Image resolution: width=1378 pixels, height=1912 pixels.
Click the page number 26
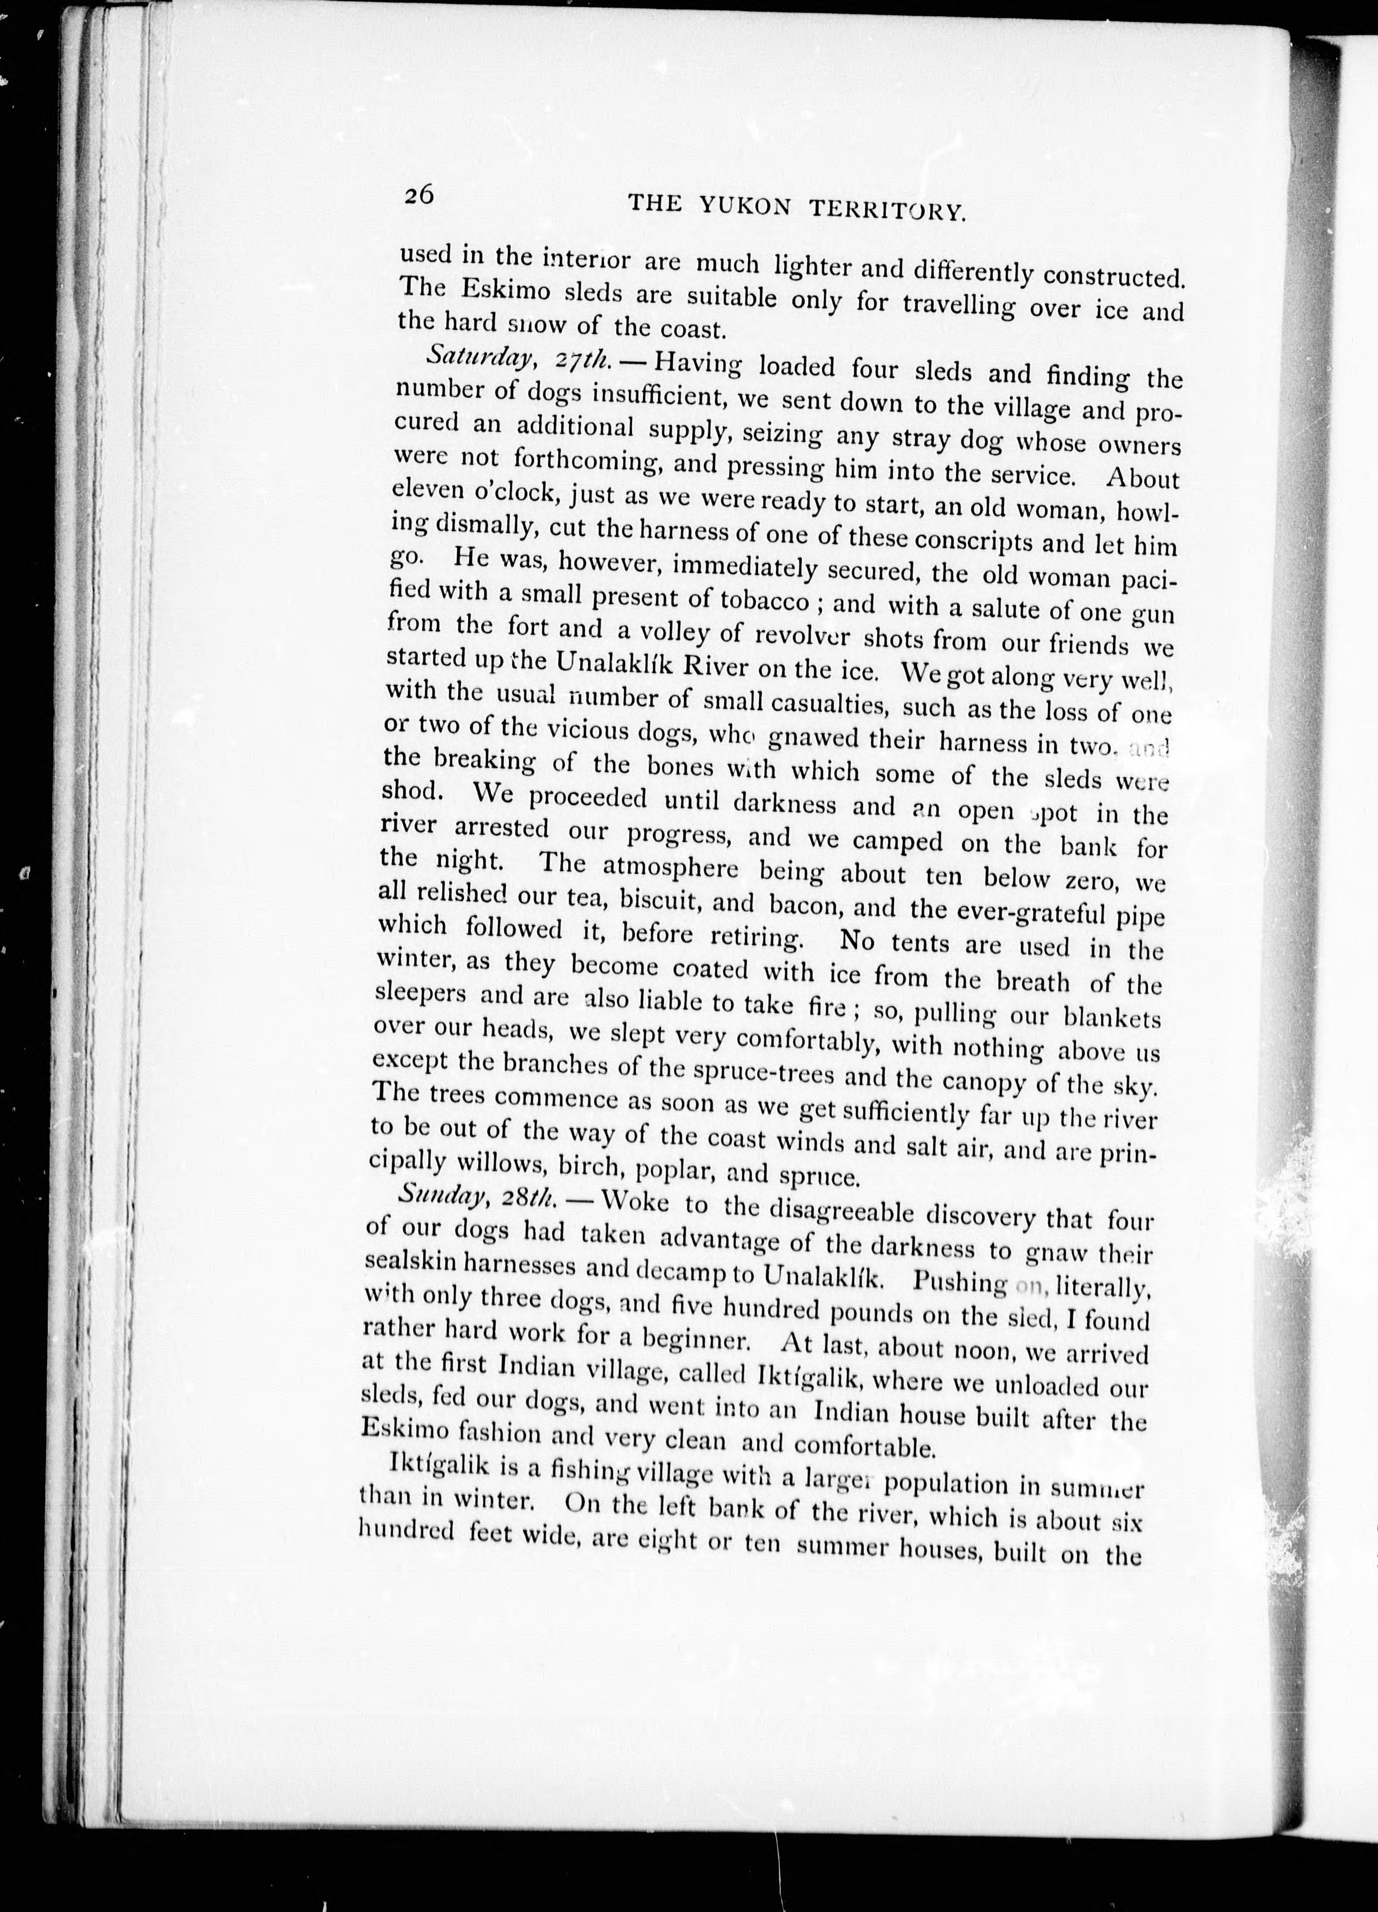(419, 195)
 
